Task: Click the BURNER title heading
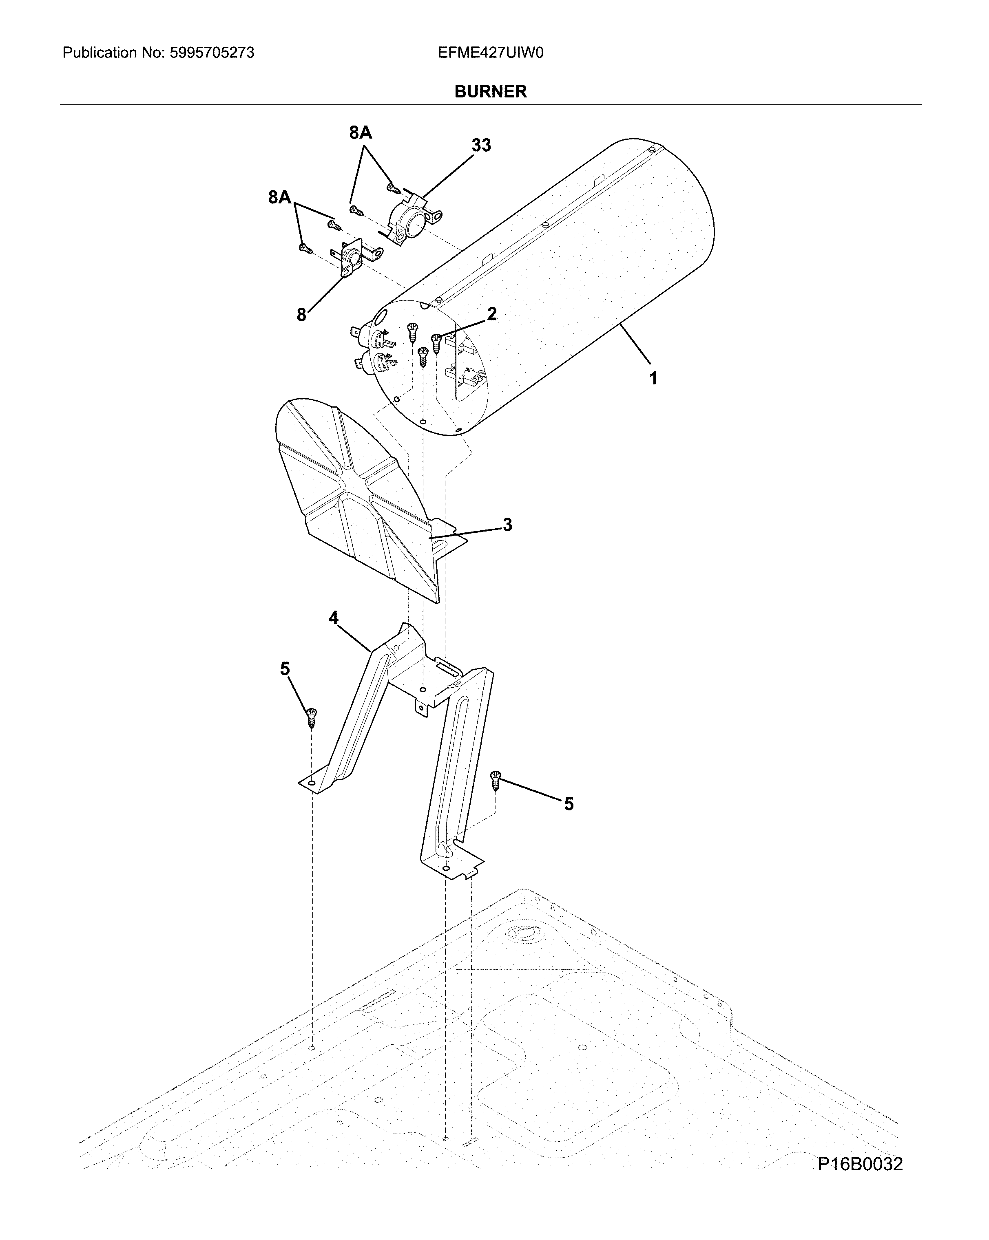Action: click(490, 91)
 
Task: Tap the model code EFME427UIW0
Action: click(490, 53)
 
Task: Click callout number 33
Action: click(481, 146)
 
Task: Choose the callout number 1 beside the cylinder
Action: click(653, 378)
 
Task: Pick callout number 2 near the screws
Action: click(491, 314)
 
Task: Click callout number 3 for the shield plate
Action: click(507, 525)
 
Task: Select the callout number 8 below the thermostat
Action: click(301, 315)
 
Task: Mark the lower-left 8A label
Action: click(280, 198)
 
